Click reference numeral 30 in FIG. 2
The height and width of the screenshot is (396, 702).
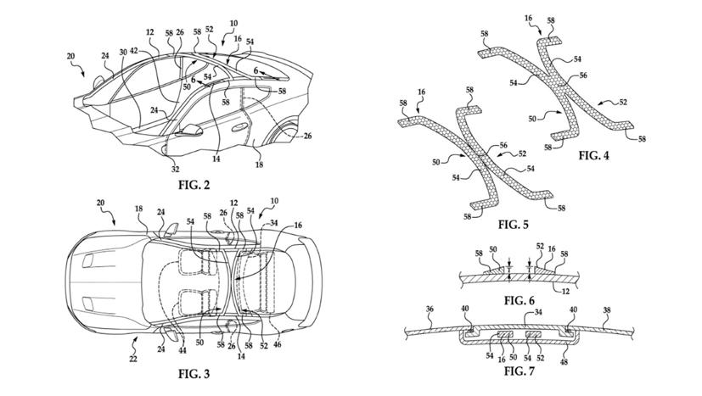[x=123, y=52]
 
